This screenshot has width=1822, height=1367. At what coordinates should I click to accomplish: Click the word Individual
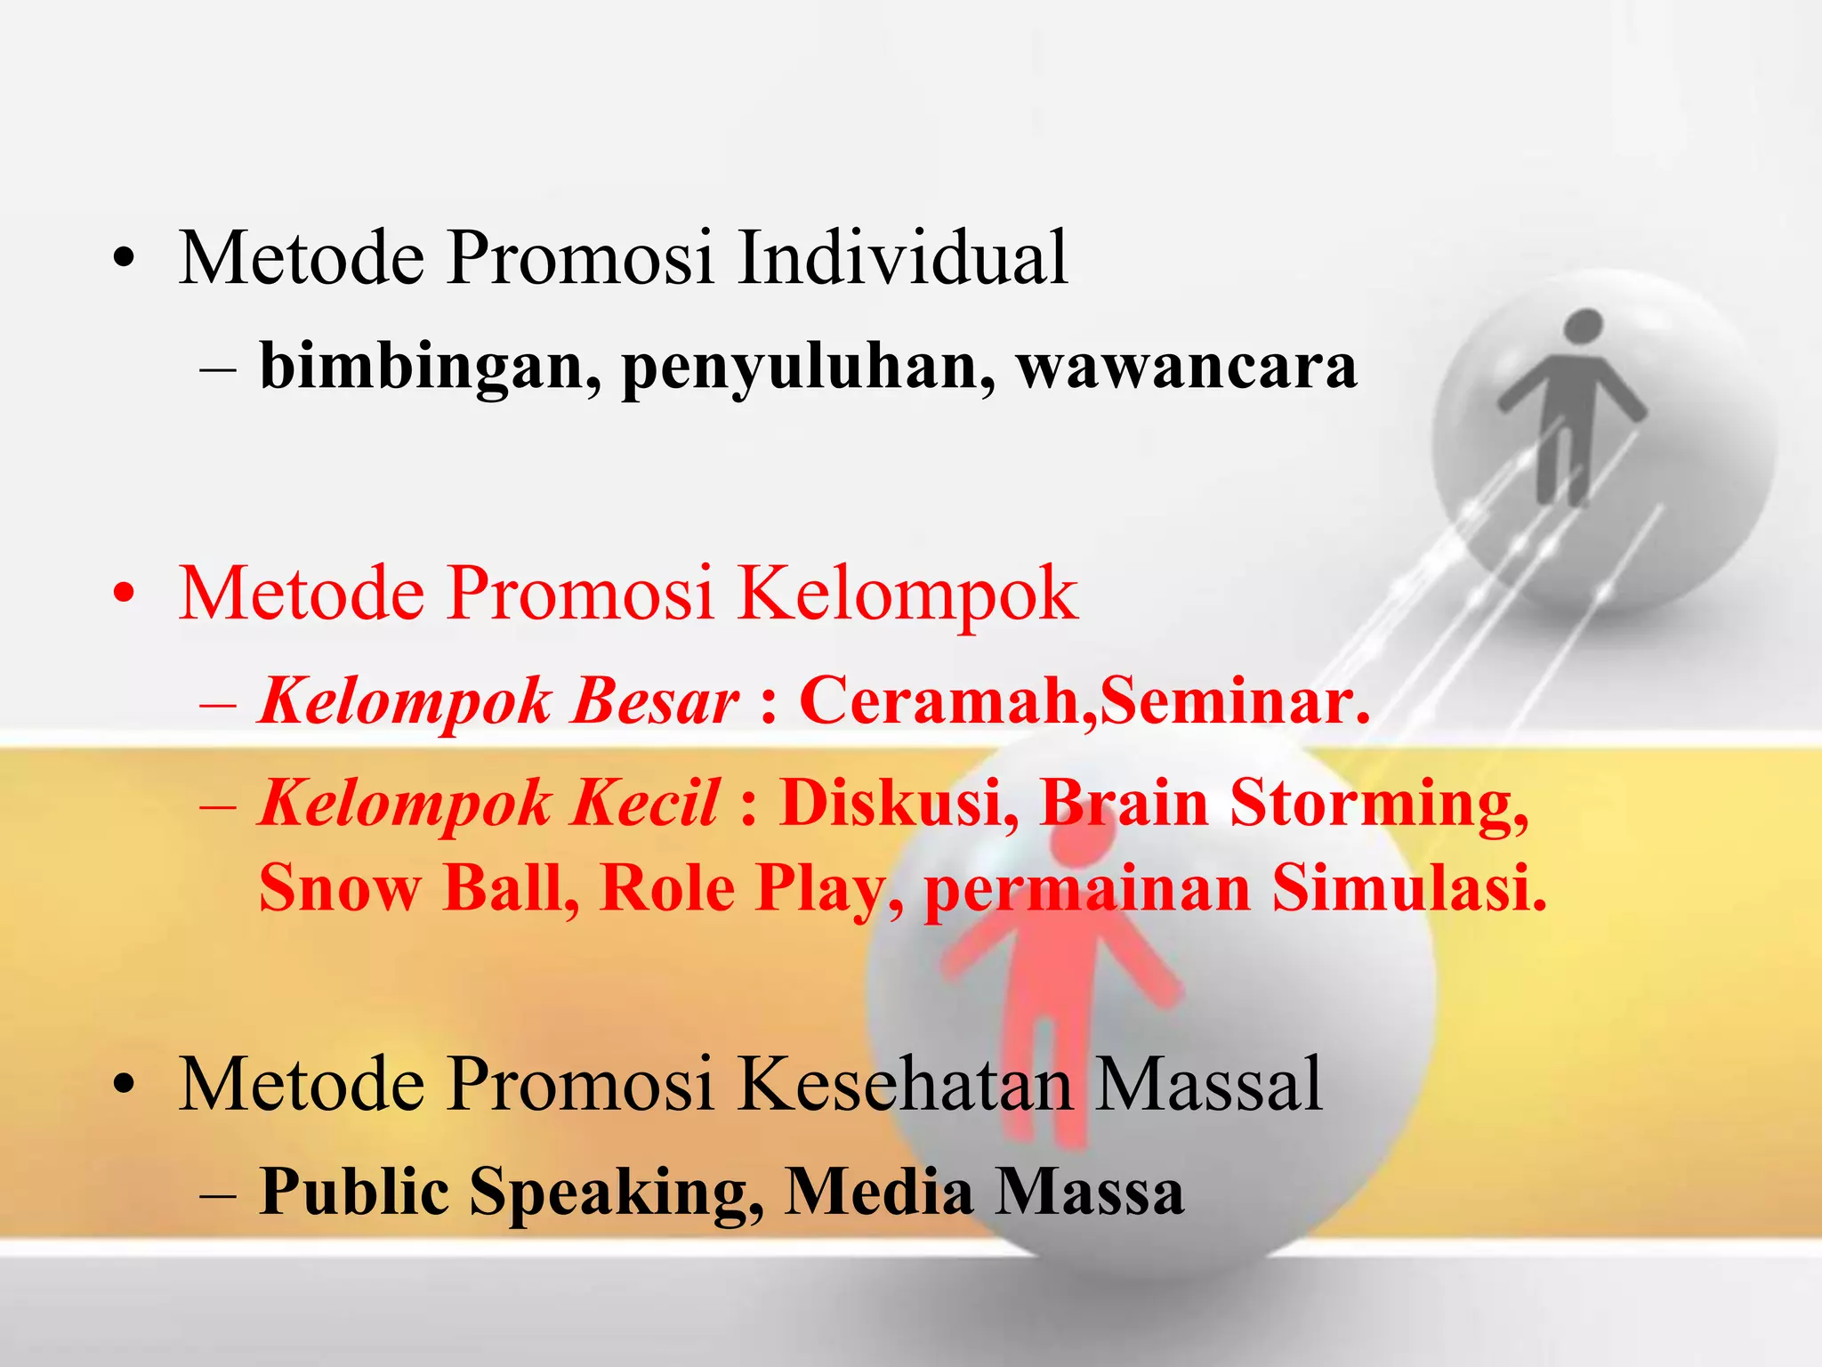pyautogui.click(x=902, y=258)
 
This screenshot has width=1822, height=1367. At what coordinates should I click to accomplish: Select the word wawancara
pyautogui.click(x=1187, y=368)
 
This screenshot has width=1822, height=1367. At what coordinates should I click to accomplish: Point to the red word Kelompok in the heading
pyautogui.click(x=907, y=595)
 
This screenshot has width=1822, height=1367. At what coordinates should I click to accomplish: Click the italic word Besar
pyautogui.click(x=655, y=702)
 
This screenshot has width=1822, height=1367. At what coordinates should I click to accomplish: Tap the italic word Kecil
pyautogui.click(x=644, y=804)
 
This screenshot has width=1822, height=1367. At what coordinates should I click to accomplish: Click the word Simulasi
pyautogui.click(x=1409, y=888)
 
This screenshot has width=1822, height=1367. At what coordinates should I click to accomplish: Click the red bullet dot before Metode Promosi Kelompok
pyautogui.click(x=124, y=594)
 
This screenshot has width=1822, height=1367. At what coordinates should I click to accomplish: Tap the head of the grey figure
pyautogui.click(x=1583, y=327)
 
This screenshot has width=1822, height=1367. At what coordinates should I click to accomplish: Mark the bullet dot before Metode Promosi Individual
pyautogui.click(x=124, y=259)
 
